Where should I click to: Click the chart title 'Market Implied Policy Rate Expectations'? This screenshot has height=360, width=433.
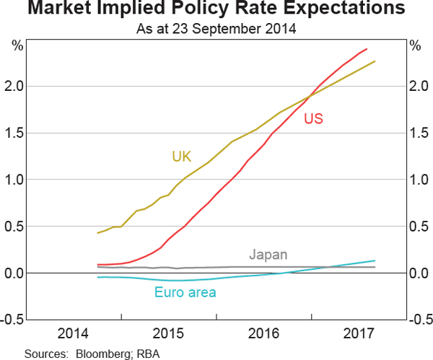[216, 10]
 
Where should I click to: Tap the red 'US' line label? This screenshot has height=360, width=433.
[313, 119]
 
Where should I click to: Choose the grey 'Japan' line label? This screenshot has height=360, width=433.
[268, 255]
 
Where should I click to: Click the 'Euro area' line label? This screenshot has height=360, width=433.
[185, 292]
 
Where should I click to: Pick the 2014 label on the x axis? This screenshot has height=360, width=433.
[74, 334]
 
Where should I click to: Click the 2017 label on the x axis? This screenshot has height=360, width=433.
[359, 334]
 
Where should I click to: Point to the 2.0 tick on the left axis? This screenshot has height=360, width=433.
[16, 87]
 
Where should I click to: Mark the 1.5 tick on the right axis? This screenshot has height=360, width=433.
[418, 133]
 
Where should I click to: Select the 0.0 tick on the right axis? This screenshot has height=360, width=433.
[418, 273]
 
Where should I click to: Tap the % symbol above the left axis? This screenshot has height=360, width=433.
[17, 46]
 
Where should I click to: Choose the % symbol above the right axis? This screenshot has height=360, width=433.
[415, 46]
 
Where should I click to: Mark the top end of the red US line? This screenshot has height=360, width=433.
[367, 49]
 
